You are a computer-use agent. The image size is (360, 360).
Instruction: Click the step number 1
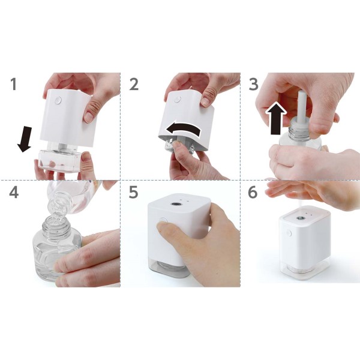[14, 84]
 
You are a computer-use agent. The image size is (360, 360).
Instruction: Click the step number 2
[134, 84]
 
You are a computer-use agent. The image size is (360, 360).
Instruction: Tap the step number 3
[253, 84]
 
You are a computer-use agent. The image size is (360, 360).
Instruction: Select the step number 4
[14, 192]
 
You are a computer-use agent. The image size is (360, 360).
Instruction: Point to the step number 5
[134, 192]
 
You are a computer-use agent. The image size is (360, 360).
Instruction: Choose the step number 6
[253, 192]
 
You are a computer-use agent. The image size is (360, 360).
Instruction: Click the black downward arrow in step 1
[25, 139]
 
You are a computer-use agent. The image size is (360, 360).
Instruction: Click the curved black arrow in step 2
[183, 129]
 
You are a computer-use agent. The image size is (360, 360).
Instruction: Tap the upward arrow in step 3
[276, 119]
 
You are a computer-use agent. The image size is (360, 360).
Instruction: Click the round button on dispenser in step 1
[58, 100]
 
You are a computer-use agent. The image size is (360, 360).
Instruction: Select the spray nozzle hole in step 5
[176, 203]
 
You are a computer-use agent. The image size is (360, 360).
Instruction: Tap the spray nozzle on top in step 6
[299, 218]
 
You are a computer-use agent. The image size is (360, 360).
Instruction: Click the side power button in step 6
[289, 233]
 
